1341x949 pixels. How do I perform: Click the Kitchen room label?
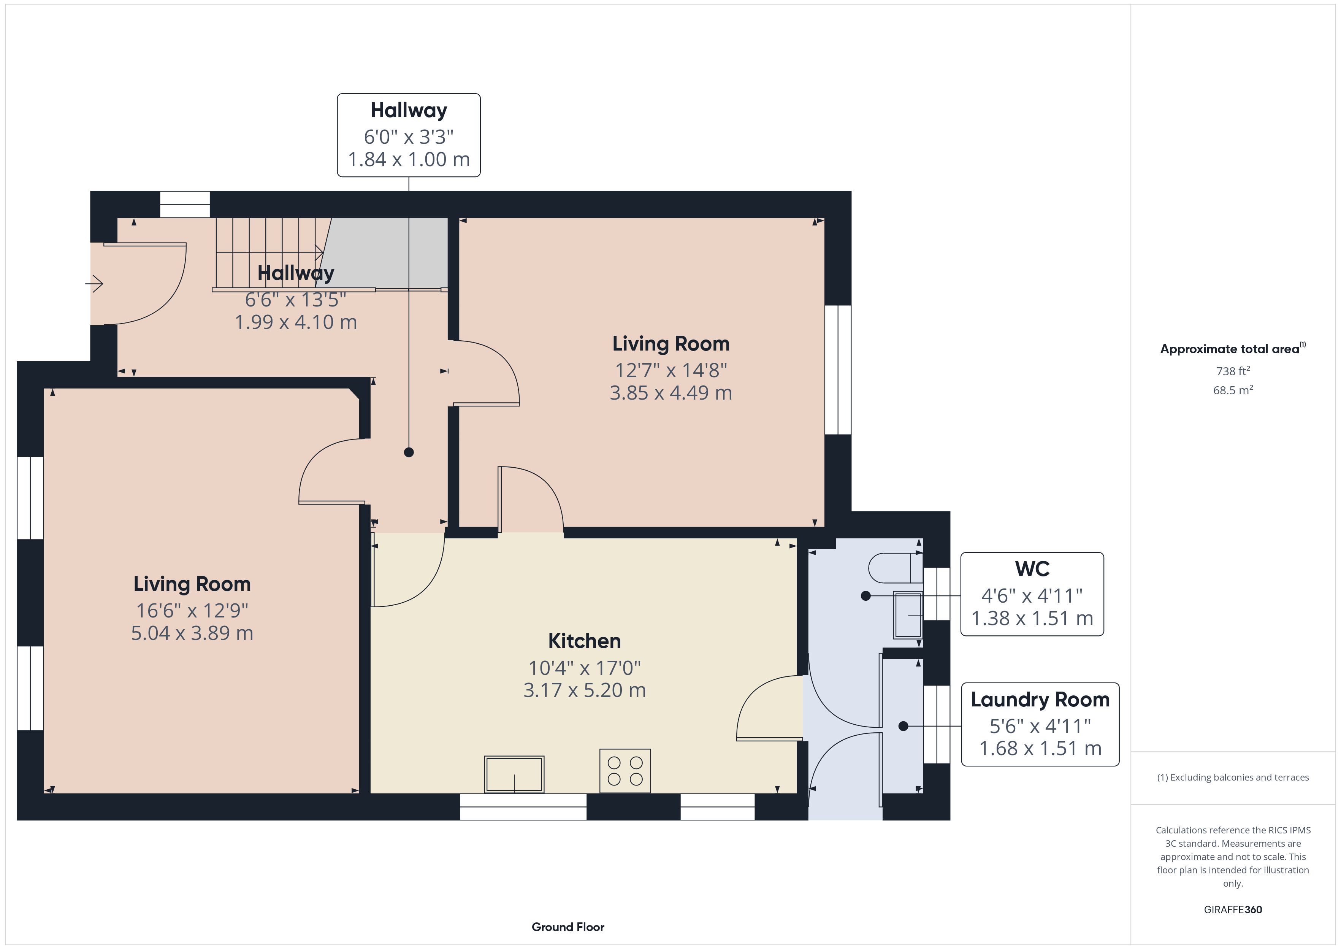click(584, 641)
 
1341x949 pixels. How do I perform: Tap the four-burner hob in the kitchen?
click(625, 771)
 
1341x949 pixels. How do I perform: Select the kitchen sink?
click(514, 774)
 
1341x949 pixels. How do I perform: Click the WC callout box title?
click(1032, 568)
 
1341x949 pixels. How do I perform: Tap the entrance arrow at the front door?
click(95, 284)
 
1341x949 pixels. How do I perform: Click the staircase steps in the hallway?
click(269, 252)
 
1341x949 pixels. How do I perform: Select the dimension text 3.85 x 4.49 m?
click(670, 393)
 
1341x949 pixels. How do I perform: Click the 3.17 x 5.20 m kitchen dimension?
click(584, 690)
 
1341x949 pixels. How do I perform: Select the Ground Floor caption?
click(568, 927)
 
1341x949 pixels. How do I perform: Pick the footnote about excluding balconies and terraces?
click(1233, 777)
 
